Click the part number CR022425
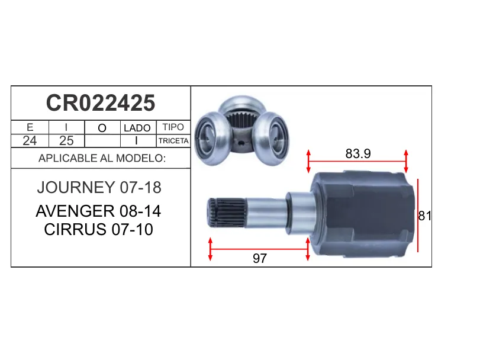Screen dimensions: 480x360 point(101,103)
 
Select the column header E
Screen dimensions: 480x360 point(30,127)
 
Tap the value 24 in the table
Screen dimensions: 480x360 point(30,141)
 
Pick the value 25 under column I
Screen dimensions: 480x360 point(66,141)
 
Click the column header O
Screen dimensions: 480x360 point(102,128)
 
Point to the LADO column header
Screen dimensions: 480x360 point(137,128)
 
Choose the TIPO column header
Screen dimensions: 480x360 point(173,127)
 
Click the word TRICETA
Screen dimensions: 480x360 point(173,141)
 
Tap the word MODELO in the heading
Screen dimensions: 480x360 point(141,158)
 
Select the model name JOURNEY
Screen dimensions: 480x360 point(76,187)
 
